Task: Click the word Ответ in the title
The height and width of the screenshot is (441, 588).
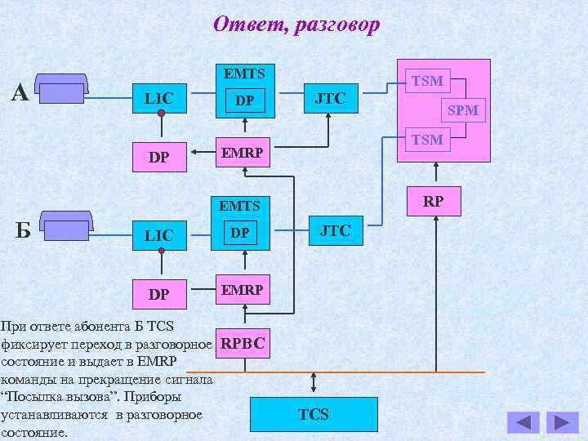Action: (x=245, y=25)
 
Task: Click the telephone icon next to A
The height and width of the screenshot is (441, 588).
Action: (x=64, y=88)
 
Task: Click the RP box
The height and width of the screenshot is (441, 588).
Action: (x=433, y=200)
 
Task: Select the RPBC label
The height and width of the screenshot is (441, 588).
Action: (x=243, y=344)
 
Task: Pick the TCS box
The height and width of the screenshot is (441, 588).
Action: (x=314, y=414)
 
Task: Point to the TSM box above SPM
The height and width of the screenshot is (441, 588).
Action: (x=427, y=80)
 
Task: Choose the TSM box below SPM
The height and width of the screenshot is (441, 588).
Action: (x=427, y=140)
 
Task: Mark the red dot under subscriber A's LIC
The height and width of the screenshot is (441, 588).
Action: (x=162, y=113)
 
